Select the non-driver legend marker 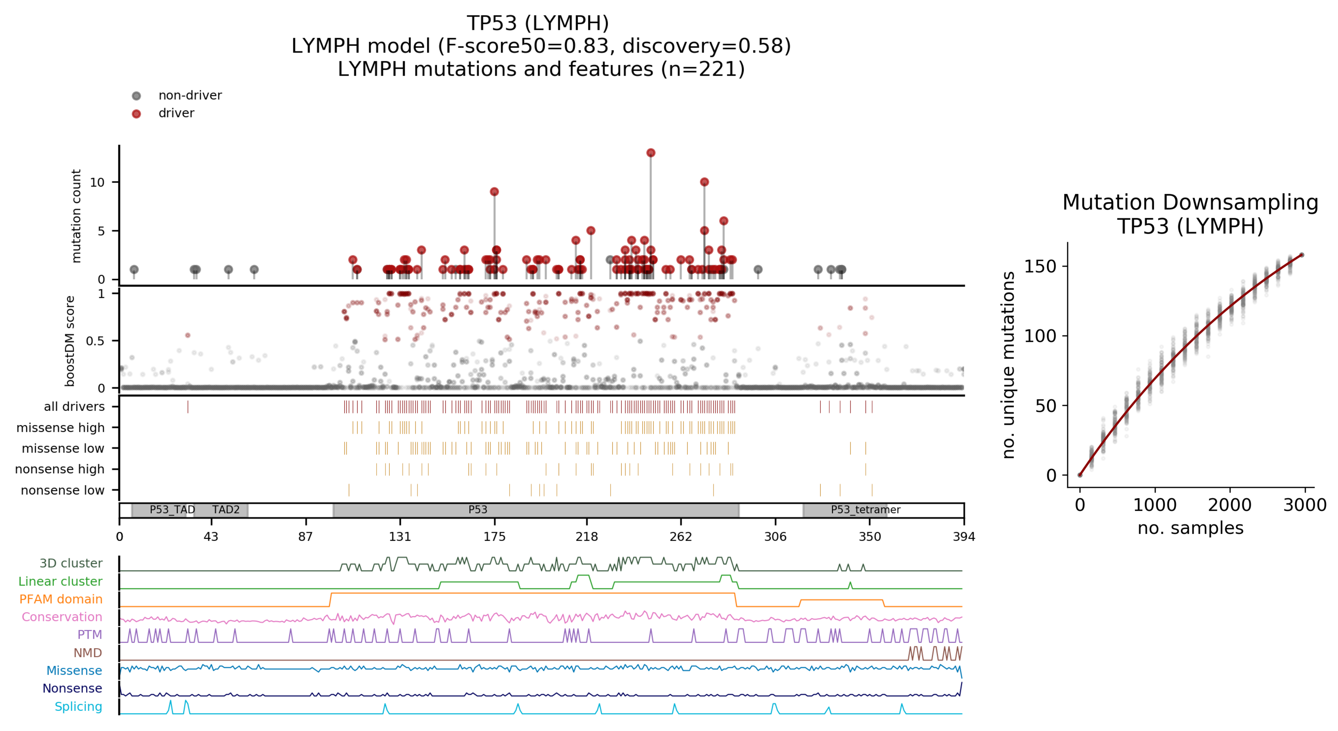[x=136, y=96]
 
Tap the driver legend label [x=176, y=113]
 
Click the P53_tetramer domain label [x=865, y=510]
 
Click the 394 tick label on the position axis [x=963, y=537]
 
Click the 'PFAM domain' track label [x=61, y=599]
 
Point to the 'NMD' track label [x=87, y=652]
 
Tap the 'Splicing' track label [x=79, y=707]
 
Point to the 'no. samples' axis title [x=1190, y=528]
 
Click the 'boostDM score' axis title [x=70, y=341]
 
